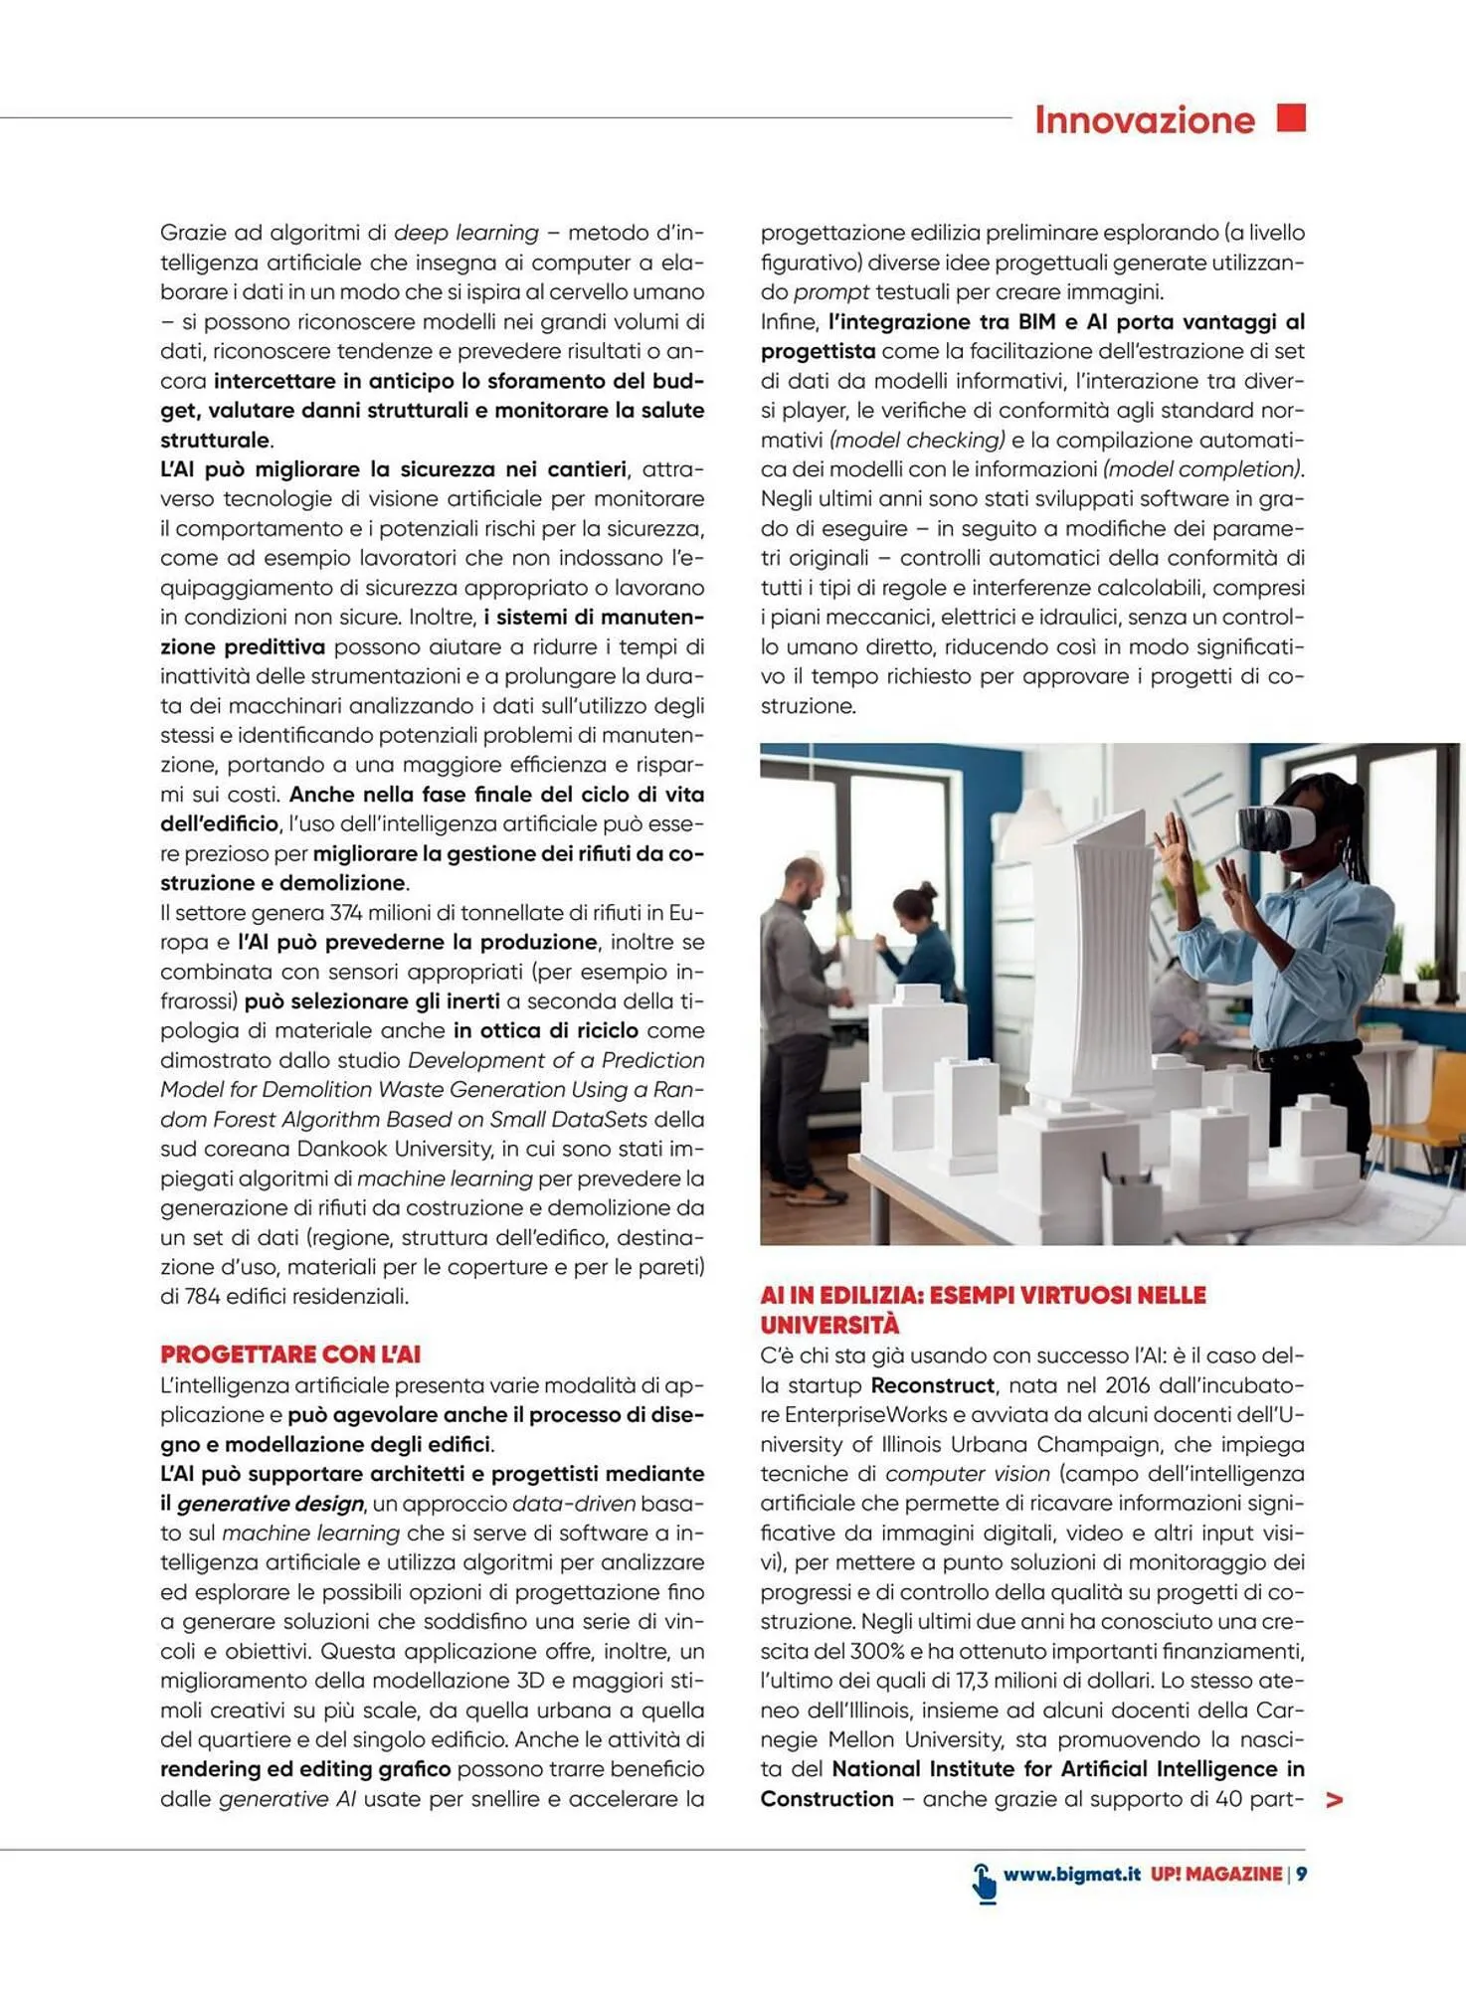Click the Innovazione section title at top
(1144, 120)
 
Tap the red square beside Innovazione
(1291, 117)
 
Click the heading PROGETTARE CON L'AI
(290, 1355)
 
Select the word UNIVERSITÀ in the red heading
(829, 1325)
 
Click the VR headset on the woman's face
(1276, 826)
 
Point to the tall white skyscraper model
(1086, 955)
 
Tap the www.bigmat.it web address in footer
(1071, 1874)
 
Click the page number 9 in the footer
(1301, 1874)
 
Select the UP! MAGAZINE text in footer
(1216, 1874)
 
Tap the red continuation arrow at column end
(1335, 1799)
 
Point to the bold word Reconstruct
(932, 1385)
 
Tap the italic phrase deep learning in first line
(465, 233)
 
